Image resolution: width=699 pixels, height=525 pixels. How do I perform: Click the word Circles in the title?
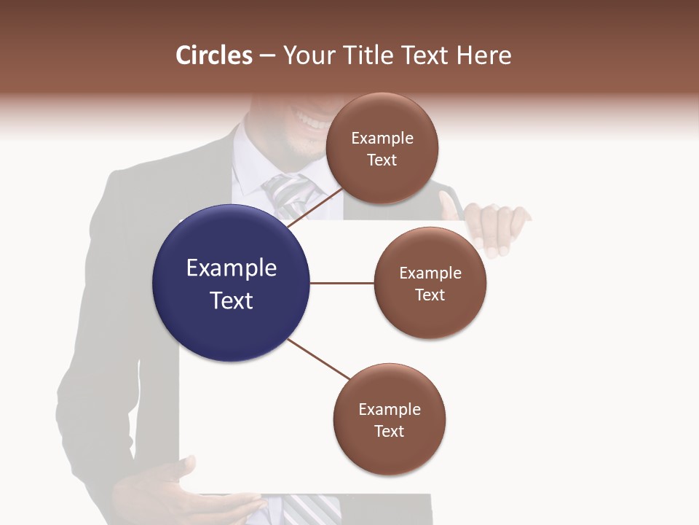213,55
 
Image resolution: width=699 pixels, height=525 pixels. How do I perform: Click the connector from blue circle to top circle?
317,206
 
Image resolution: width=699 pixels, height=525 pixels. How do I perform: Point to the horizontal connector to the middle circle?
341,283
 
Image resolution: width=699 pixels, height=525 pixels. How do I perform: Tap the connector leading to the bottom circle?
318,359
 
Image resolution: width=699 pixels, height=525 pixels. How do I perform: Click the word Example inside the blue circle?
232,268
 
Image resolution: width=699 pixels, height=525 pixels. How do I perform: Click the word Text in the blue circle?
232,300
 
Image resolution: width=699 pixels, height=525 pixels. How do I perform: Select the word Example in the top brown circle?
382,139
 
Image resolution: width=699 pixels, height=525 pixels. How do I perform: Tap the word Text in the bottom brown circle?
389,431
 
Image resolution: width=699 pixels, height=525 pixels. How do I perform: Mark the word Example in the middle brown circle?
430,273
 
